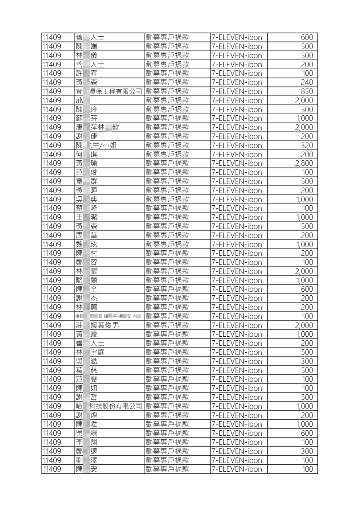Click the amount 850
pyautogui.click(x=307, y=91)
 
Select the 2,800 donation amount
pyautogui.click(x=304, y=163)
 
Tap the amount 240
pyautogui.click(x=307, y=82)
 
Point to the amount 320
pyautogui.click(x=307, y=145)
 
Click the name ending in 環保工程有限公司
pyautogui.click(x=109, y=91)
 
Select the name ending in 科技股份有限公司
pyautogui.click(x=109, y=406)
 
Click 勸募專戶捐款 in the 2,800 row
pyautogui.click(x=167, y=163)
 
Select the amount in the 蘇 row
pyautogui.click(x=304, y=118)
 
